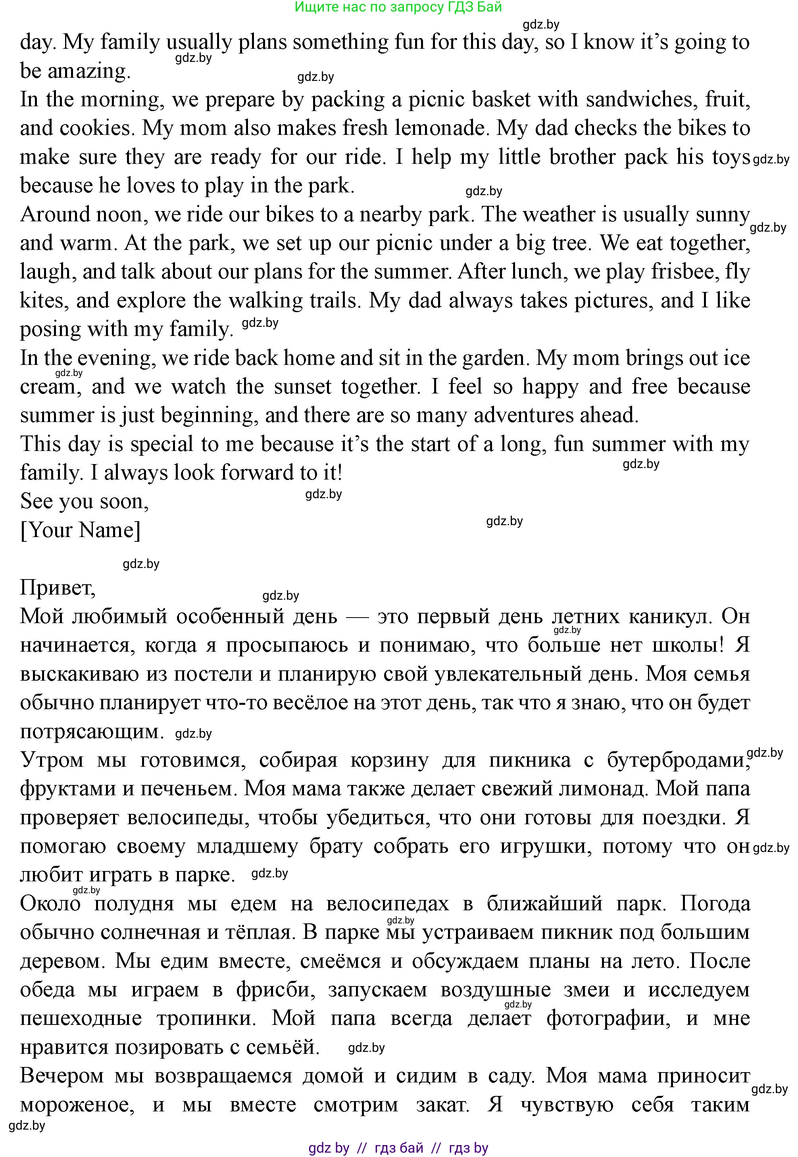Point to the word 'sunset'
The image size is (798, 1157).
[302, 387]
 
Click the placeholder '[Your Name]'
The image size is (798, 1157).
[80, 530]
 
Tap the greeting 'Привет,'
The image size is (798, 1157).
[58, 588]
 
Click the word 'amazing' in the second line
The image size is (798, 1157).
[88, 71]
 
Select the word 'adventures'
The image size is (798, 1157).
[528, 415]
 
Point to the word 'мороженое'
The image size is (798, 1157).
[77, 1105]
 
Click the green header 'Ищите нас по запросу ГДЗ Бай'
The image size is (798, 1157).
[398, 7]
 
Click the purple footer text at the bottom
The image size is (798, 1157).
[398, 1148]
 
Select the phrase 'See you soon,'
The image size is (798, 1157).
[84, 501]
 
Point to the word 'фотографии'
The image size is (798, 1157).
[608, 1019]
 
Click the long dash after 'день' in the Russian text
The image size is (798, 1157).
[357, 617]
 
